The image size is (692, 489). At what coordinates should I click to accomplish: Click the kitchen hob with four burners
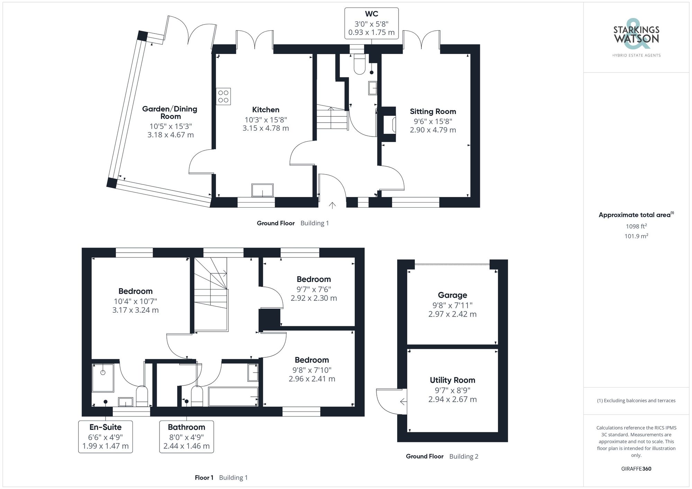[223, 96]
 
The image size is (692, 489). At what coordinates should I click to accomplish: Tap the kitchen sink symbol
[262, 190]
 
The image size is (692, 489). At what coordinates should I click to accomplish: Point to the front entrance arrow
[332, 205]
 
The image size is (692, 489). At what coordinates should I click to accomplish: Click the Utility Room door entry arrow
[403, 402]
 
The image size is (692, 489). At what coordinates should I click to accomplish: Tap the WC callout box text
[371, 23]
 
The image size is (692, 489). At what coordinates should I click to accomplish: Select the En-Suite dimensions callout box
[106, 437]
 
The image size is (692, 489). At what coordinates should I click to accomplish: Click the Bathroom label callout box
[186, 437]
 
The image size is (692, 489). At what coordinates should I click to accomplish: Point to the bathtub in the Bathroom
[233, 396]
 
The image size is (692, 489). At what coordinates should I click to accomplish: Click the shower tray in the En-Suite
[103, 378]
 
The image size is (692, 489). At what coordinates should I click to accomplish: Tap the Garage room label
[452, 295]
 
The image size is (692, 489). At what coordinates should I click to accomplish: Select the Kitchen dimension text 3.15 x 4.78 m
[265, 128]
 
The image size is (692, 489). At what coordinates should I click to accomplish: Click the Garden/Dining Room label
[170, 113]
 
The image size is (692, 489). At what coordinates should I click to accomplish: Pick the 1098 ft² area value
[636, 226]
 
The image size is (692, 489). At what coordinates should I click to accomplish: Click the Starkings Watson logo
[636, 36]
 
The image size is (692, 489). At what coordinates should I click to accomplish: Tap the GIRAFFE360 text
[636, 469]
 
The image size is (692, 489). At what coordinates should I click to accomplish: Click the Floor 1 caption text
[204, 478]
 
